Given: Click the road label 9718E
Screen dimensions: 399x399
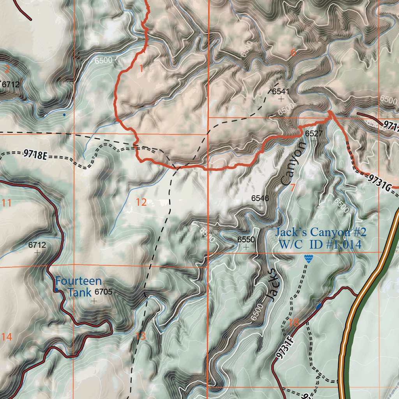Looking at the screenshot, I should pos(35,155).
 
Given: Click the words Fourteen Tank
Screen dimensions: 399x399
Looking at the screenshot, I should pos(78,286).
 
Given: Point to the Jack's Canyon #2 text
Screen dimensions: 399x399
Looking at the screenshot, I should pos(321,233).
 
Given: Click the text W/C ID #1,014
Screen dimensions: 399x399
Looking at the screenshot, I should pos(320,245).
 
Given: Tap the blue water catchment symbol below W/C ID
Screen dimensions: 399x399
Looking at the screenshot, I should pos(309,259).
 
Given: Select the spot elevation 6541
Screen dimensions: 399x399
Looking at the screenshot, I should pos(281,92).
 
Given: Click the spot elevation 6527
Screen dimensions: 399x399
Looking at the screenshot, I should pos(314,134).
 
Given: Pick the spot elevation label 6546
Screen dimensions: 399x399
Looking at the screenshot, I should pos(260,198).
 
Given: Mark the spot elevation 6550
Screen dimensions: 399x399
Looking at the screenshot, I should pos(246,240).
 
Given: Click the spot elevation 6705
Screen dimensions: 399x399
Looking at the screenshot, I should pos(103,291).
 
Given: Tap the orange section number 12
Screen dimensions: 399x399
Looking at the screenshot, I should pos(141,202).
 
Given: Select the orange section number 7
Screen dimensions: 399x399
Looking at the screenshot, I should pos(293,187).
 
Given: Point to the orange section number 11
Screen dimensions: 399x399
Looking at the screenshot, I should pos(6,203).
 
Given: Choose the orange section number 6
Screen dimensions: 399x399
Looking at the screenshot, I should pos(293,53).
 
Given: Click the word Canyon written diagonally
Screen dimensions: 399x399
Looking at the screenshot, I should pos(293,164).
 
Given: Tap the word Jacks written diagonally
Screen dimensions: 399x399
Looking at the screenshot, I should pos(273,285).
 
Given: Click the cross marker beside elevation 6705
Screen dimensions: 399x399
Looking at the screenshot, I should pos(94,301).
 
